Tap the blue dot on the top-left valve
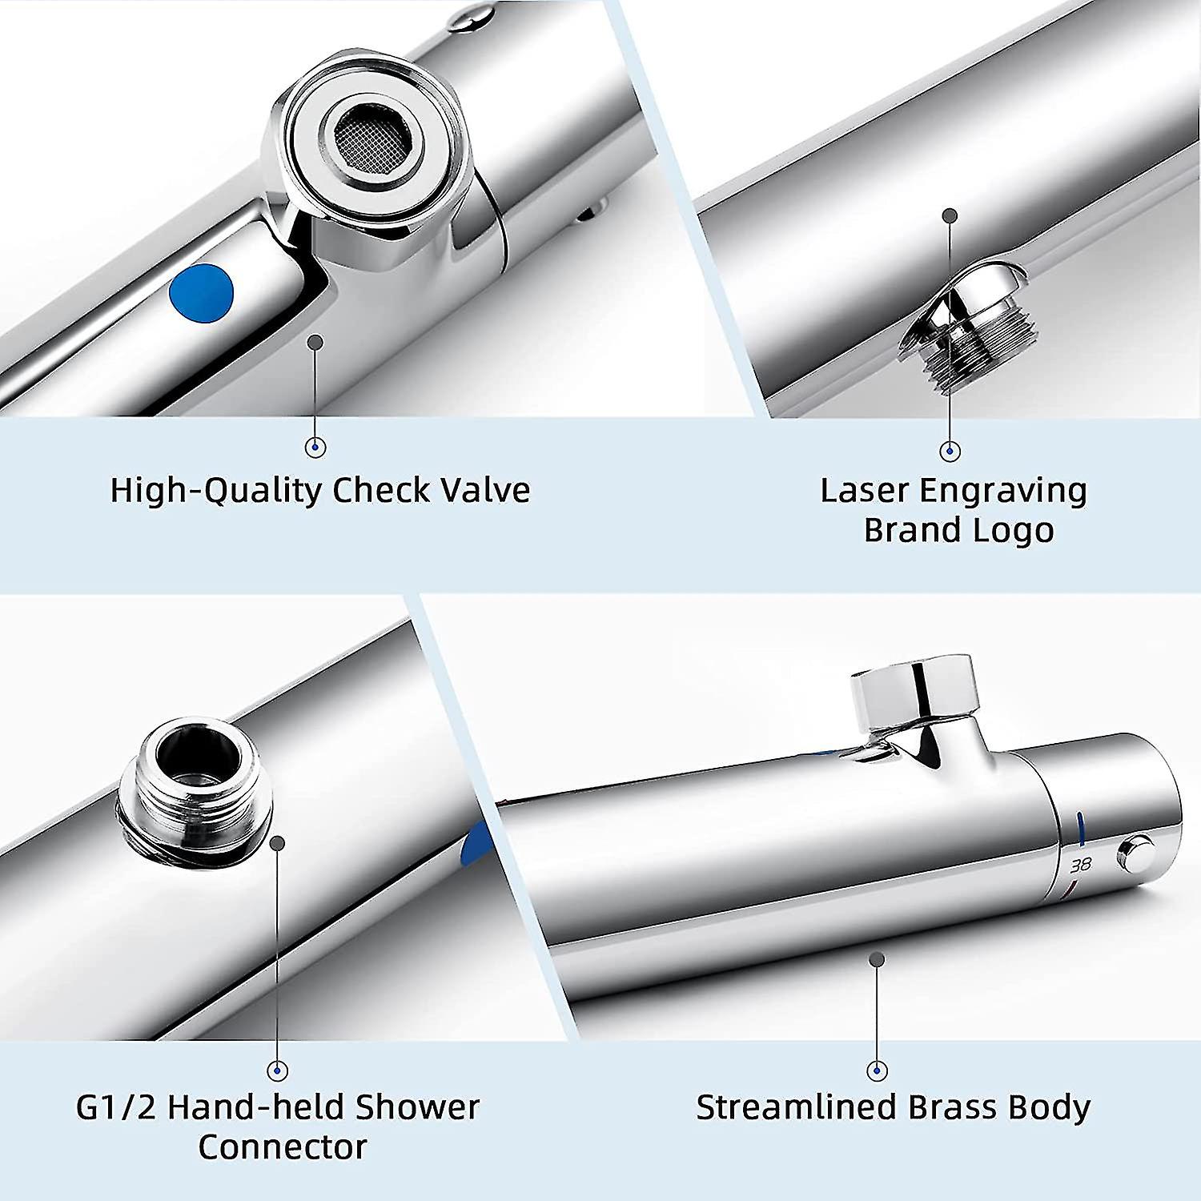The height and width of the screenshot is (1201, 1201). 201,293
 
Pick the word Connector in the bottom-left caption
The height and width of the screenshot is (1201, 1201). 282,1148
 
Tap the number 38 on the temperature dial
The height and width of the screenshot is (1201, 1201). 1081,865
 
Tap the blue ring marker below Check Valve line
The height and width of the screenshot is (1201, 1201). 316,448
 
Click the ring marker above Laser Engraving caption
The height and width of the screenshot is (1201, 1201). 950,452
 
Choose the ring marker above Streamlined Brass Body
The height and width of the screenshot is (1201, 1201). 878,1070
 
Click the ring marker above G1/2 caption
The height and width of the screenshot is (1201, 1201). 278,1070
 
